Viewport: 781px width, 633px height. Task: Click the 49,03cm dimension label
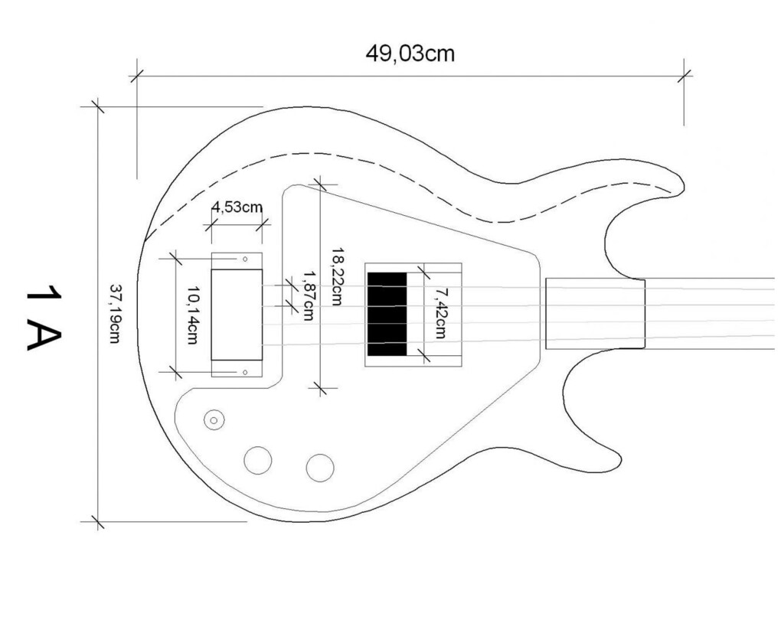[410, 54]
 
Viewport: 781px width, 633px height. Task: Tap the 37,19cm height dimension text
[116, 313]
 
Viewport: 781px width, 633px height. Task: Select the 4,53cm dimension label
[237, 207]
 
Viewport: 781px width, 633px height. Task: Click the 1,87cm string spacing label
[309, 295]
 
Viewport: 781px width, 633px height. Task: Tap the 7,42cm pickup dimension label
[438, 313]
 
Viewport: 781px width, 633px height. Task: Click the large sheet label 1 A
[44, 318]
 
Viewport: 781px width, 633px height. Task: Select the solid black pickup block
[387, 315]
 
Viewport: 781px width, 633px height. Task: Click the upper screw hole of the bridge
[244, 259]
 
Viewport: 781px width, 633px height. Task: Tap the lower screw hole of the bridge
[244, 372]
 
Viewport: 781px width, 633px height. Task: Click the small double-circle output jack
[214, 420]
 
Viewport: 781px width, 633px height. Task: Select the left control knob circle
[258, 460]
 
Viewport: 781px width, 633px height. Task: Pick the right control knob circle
[320, 468]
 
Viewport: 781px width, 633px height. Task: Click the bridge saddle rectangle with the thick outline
[237, 315]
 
